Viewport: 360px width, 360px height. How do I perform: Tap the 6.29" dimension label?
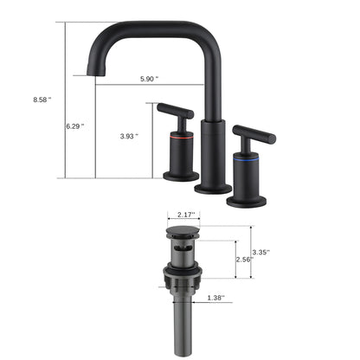tap(76, 126)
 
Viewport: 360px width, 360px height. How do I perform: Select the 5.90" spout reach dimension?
tap(148, 79)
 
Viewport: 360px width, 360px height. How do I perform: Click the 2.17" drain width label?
tap(185, 215)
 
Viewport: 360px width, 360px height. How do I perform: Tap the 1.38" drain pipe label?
tap(215, 298)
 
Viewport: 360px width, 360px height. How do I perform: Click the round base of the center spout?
tap(211, 188)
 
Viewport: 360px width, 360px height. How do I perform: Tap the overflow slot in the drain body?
tap(182, 248)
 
